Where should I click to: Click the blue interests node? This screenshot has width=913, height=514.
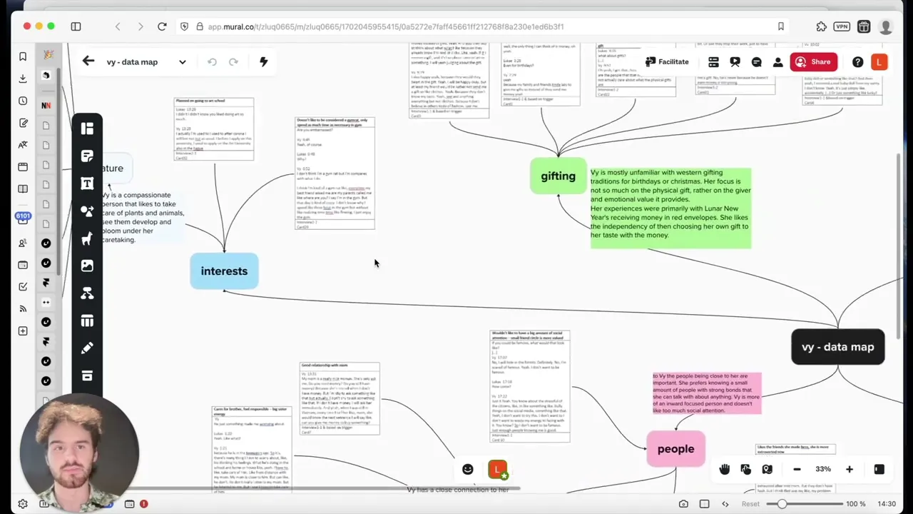point(224,271)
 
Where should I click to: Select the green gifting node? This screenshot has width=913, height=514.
point(558,176)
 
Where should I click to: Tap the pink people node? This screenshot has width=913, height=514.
point(675,449)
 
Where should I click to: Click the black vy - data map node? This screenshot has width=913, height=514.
point(837,347)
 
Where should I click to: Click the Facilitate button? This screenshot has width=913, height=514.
point(667,62)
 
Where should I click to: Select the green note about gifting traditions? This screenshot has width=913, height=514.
point(670,208)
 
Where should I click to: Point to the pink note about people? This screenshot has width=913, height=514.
point(707,393)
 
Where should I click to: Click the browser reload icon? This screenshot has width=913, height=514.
point(162,26)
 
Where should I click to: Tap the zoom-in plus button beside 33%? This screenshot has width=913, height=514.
point(849,469)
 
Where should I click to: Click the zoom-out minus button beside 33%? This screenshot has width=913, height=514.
point(797,469)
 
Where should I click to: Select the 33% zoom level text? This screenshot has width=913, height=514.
point(823,469)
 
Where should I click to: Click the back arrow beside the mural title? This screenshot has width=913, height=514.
point(88,61)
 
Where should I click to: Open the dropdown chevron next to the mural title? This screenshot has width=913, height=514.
point(183,62)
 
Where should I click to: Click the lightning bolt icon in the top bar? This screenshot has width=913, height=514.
point(263,61)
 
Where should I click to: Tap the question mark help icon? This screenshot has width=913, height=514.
point(857,62)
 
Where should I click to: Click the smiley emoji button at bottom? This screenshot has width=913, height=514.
point(468,469)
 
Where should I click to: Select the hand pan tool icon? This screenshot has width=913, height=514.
point(725,469)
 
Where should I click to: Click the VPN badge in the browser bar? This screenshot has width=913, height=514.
point(842,26)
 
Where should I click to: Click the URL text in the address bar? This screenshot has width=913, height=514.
point(385,26)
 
